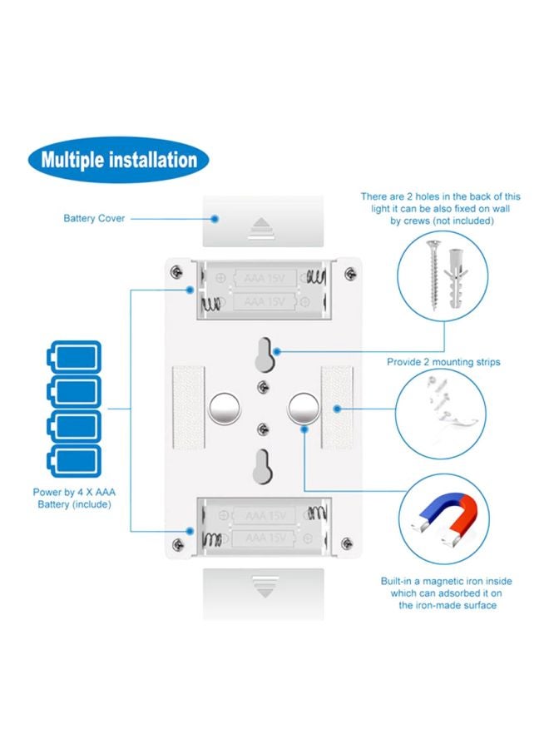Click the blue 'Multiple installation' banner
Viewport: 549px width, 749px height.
119,160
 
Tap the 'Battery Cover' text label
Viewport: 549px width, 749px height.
94,219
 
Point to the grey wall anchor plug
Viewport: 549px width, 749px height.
456,279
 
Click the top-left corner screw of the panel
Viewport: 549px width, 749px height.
176,272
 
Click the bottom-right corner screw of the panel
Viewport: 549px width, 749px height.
349,546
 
